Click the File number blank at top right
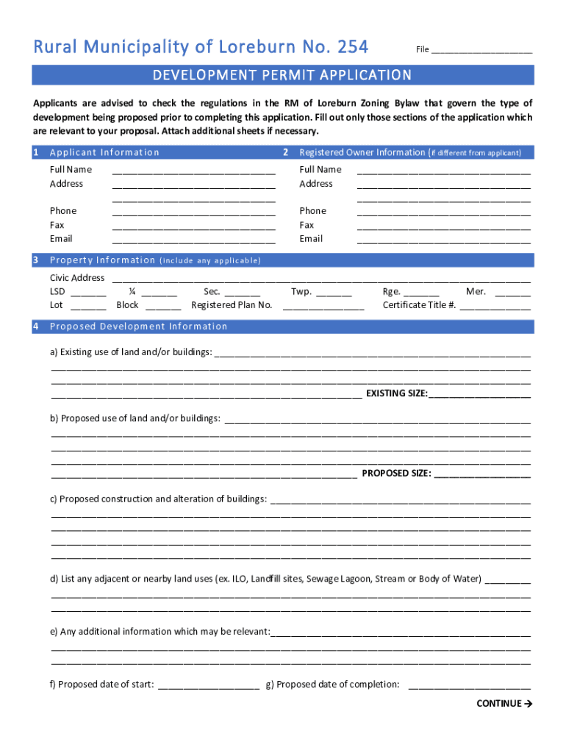click(481, 51)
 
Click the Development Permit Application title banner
click(282, 75)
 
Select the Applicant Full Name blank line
click(193, 171)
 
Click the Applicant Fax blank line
click(193, 226)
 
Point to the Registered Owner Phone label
click(312, 211)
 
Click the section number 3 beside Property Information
click(36, 260)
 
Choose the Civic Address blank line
click(320, 279)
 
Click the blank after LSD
click(88, 293)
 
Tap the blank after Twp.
click(334, 293)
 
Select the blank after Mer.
click(512, 293)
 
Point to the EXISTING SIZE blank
click(479, 395)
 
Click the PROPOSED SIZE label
click(396, 474)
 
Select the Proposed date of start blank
click(208, 686)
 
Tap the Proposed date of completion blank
click(469, 686)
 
